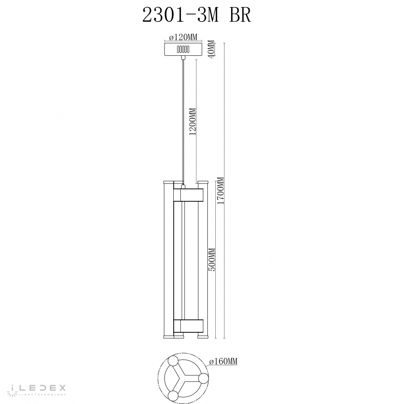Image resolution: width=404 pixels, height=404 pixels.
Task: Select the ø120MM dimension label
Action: pos(184,37)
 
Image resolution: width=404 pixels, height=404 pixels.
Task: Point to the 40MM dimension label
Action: pos(211,50)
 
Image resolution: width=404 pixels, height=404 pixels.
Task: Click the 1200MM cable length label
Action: pos(192,122)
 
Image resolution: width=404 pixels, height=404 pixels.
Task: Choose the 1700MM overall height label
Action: pos(220,191)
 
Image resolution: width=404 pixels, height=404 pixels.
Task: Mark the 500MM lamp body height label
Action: pos(212,259)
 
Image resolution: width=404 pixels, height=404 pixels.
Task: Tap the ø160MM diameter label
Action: pos(223,362)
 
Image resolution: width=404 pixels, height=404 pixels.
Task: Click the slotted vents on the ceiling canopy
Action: pos(184,49)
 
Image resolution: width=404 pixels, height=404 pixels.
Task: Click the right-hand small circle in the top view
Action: pos(203,378)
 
